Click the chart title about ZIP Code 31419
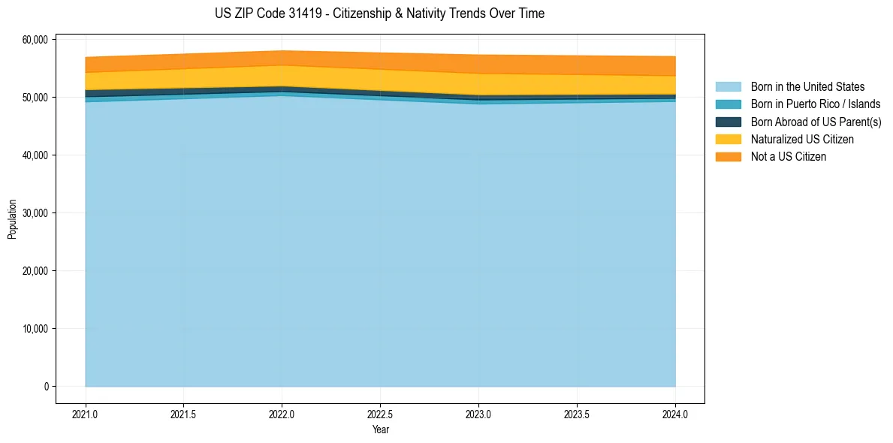click(x=379, y=14)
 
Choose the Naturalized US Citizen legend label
click(x=802, y=139)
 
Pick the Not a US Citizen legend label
click(x=788, y=156)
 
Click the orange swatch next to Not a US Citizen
click(x=728, y=156)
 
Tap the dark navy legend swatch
click(x=728, y=122)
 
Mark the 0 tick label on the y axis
click(x=46, y=387)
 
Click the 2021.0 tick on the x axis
click(x=86, y=414)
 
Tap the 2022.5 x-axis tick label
click(x=380, y=414)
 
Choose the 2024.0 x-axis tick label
click(x=675, y=414)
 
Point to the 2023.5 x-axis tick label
click(x=577, y=414)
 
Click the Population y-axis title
click(x=12, y=219)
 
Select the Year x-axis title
click(x=380, y=429)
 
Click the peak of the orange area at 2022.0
click(x=282, y=52)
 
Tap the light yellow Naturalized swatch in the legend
click(x=728, y=139)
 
